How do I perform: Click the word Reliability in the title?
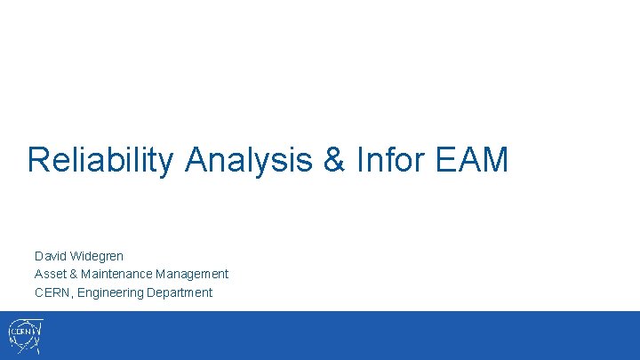tap(102, 160)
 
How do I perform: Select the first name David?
tap(52, 256)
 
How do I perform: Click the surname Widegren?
tap(98, 256)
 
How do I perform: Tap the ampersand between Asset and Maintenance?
tap(76, 274)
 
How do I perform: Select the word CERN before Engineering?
tap(52, 292)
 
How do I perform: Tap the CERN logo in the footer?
tap(24, 336)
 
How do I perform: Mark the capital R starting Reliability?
tap(37, 160)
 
